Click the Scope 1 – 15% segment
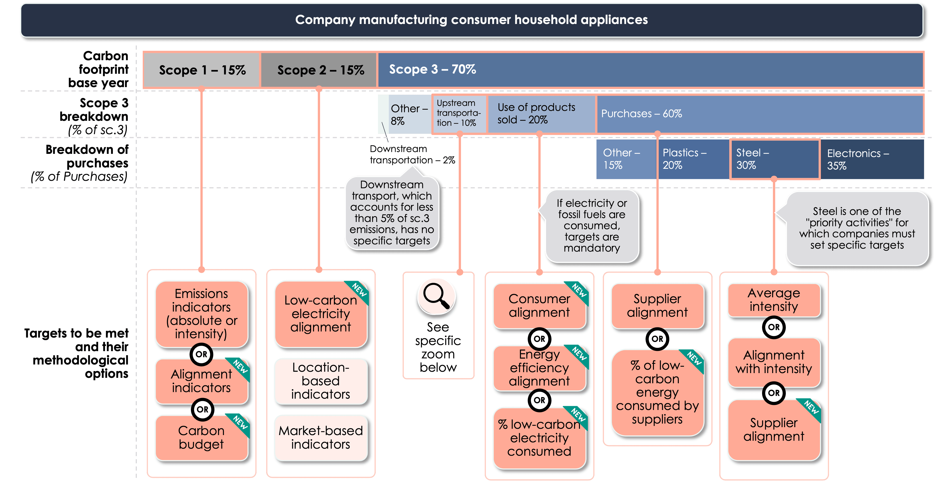click(202, 70)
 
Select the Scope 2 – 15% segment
click(320, 70)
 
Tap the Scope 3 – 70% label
click(432, 69)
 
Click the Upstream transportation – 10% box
click(459, 113)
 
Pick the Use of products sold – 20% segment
click(541, 113)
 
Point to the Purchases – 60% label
click(641, 113)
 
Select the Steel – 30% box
click(774, 159)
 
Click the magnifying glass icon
click(436, 297)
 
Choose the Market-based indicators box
click(321, 437)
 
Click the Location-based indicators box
click(321, 381)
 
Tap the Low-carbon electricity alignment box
click(321, 313)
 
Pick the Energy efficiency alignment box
click(539, 368)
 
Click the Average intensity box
click(774, 300)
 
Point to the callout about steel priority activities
click(857, 228)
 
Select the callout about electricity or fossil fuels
click(592, 225)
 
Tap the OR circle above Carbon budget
click(202, 409)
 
